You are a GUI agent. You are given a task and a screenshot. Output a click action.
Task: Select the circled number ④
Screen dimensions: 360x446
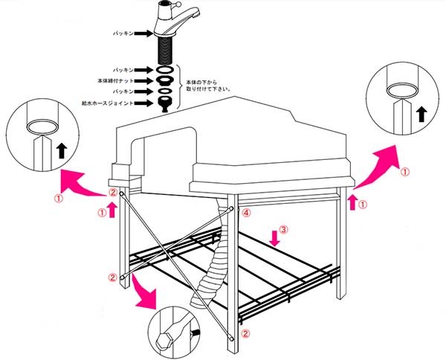(247, 212)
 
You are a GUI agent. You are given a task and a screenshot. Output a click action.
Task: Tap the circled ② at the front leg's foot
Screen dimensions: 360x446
(247, 335)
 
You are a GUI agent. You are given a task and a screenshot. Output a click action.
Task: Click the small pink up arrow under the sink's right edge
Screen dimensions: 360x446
(352, 200)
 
